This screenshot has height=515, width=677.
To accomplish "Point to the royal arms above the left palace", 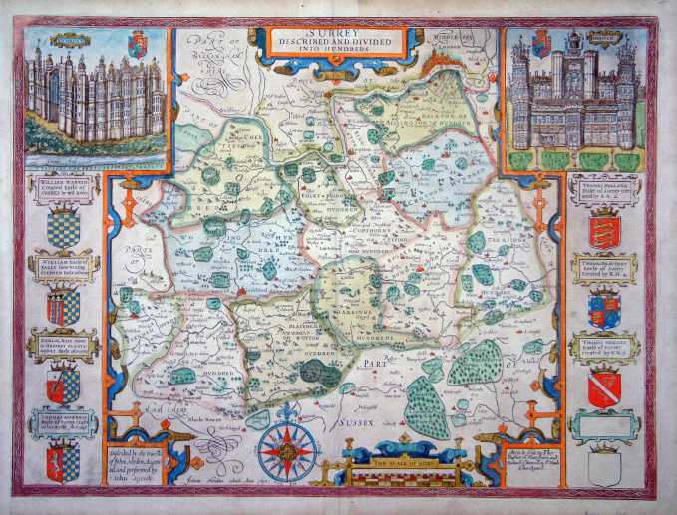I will point(138,43).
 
